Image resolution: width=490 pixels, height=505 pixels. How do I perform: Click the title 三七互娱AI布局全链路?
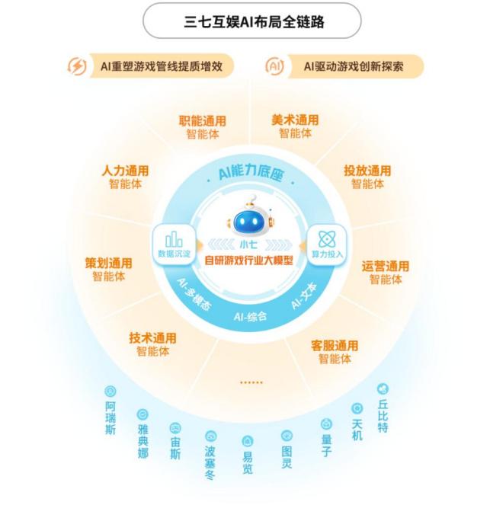[254, 22]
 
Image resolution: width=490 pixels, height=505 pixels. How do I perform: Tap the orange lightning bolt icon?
[77, 66]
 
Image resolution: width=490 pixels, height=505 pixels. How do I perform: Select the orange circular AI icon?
[274, 66]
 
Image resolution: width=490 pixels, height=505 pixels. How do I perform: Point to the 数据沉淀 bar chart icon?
[174, 239]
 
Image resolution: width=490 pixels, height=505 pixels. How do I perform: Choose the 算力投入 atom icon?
[327, 239]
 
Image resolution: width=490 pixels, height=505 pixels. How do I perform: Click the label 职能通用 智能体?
[203, 127]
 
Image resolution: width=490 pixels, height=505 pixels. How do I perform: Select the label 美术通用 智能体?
[295, 126]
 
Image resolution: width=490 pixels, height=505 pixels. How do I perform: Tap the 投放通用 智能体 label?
[367, 177]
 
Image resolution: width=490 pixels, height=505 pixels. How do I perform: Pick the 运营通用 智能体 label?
[386, 273]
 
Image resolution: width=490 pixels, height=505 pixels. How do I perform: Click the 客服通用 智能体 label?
[335, 352]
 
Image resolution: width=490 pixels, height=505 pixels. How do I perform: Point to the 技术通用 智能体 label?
[152, 344]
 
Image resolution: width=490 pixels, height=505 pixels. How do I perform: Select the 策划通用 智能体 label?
[108, 270]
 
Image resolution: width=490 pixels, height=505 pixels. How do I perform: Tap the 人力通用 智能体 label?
[125, 177]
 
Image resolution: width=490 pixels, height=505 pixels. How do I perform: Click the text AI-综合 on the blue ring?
[250, 316]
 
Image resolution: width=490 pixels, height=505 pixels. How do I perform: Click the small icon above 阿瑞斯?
[110, 392]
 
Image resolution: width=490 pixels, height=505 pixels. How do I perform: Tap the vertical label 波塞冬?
[210, 462]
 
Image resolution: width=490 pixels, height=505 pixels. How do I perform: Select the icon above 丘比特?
[383, 388]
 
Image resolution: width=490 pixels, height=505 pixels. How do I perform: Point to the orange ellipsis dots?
[251, 382]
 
